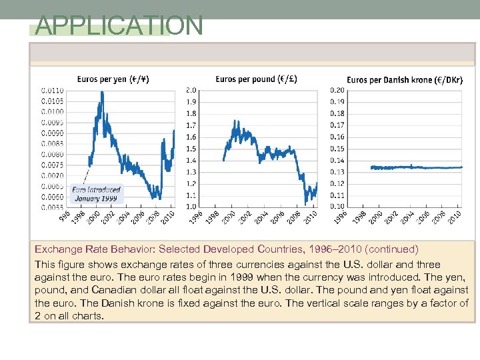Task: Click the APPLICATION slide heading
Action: pyautogui.click(x=119, y=26)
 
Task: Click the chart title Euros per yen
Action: pyautogui.click(x=113, y=79)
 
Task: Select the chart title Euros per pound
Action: pyautogui.click(x=256, y=79)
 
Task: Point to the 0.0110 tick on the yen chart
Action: pyautogui.click(x=53, y=90)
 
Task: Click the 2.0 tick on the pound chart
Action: pyautogui.click(x=191, y=90)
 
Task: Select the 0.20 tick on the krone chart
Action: pyautogui.click(x=337, y=90)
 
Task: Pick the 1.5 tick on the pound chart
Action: pyautogui.click(x=191, y=149)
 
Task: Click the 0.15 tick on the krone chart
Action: pyautogui.click(x=337, y=149)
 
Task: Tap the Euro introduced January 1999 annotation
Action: pyautogui.click(x=97, y=194)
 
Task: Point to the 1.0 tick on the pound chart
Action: pyautogui.click(x=191, y=207)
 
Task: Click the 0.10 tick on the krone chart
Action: pyautogui.click(x=337, y=207)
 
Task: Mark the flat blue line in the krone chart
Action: pyautogui.click(x=413, y=167)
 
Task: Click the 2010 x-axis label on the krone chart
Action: pyautogui.click(x=455, y=218)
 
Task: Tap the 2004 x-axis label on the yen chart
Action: pyautogui.click(x=123, y=218)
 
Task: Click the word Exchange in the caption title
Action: pyautogui.click(x=58, y=249)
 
